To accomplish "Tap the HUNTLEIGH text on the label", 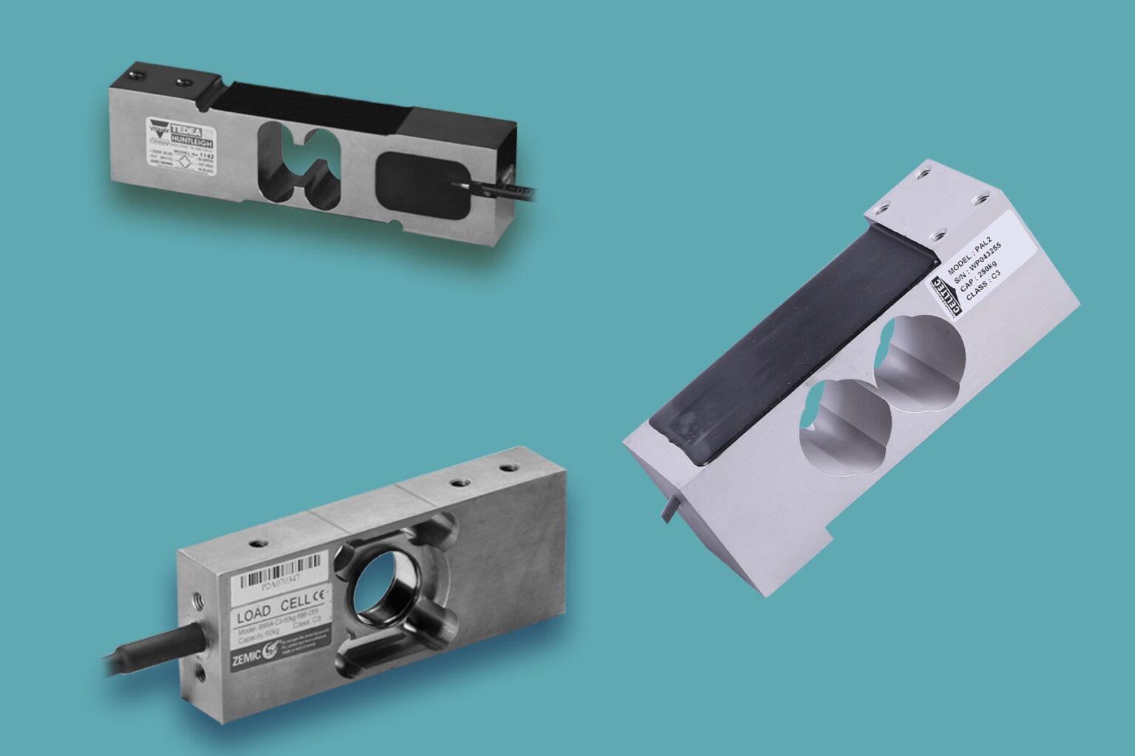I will pos(194,138).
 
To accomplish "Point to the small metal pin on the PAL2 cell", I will pos(669,508).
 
